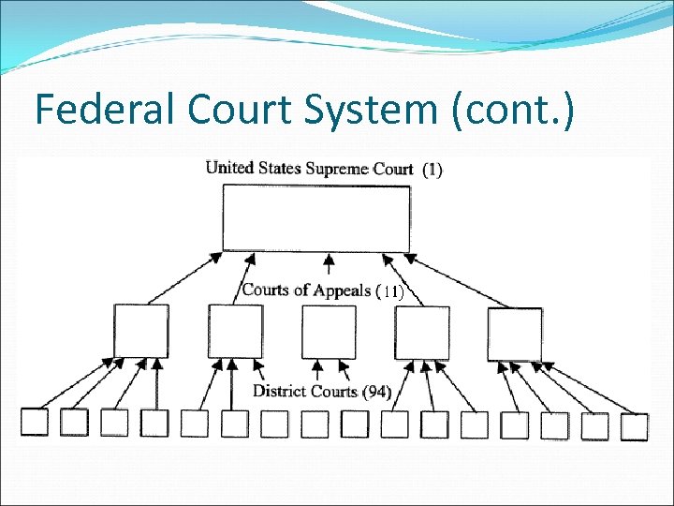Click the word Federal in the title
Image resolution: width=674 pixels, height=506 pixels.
point(100,110)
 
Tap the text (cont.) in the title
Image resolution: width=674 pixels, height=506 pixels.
point(516,110)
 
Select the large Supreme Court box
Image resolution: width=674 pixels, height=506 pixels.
point(315,217)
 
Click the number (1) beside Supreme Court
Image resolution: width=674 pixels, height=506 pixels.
point(432,170)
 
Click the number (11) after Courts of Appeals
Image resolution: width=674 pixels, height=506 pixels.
point(389,291)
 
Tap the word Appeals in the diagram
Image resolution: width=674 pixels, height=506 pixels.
point(342,290)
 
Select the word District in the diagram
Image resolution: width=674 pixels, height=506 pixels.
point(280,391)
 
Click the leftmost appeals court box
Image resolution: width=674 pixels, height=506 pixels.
point(141,331)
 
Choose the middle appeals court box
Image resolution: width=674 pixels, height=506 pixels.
point(329,331)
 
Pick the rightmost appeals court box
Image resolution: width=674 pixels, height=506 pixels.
point(515,333)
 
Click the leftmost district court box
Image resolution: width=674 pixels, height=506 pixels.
point(35,422)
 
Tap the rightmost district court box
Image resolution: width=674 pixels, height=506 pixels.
point(634,426)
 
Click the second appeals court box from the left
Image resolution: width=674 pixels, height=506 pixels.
point(235,331)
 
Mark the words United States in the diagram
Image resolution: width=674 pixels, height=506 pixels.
point(243,169)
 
